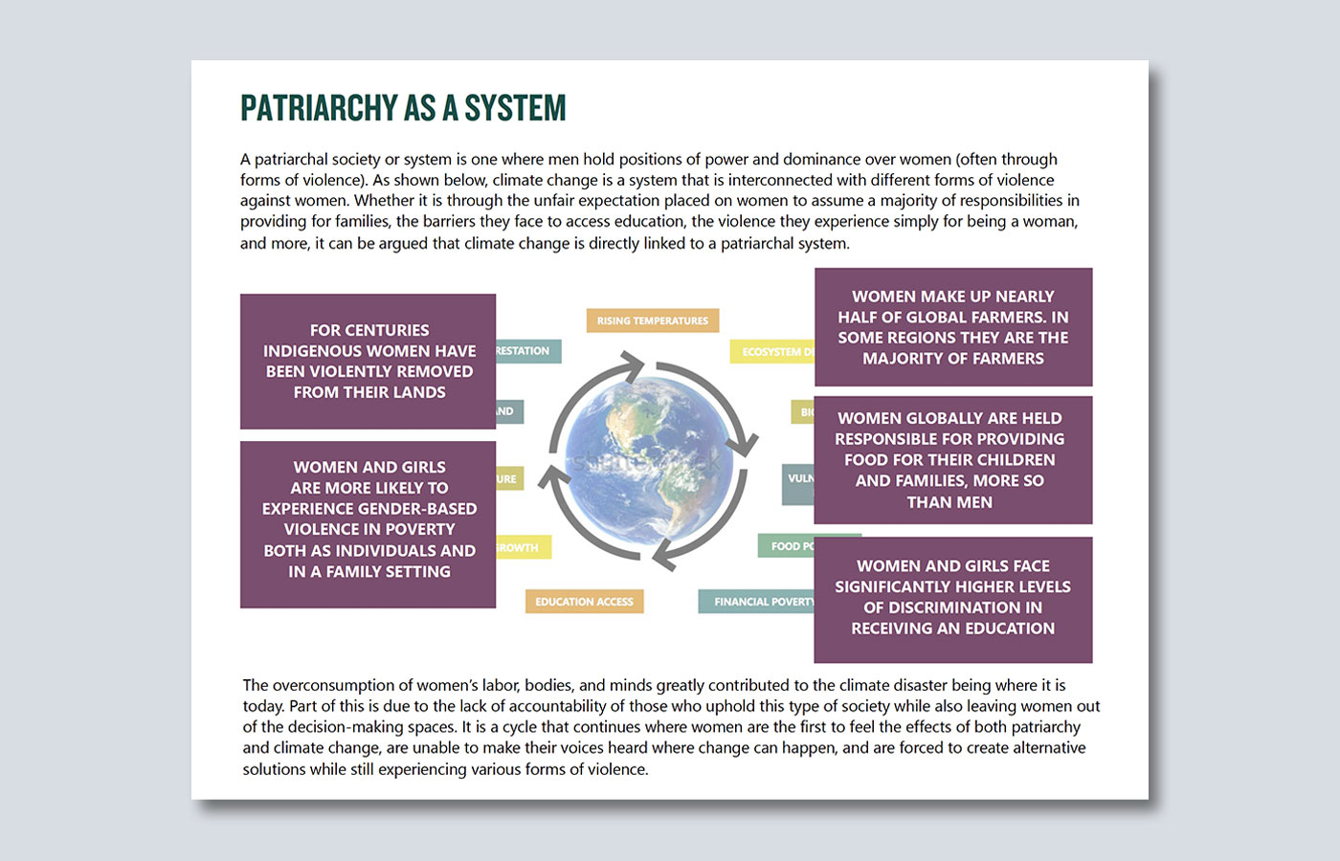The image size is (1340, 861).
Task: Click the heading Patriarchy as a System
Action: (403, 108)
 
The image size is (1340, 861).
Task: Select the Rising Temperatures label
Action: (653, 320)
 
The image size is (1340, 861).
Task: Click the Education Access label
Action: (584, 602)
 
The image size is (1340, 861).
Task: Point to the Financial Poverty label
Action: (758, 602)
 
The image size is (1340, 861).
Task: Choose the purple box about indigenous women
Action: (368, 361)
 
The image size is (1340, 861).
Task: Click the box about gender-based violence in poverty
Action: (368, 523)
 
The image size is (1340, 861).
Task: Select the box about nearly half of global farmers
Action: (953, 327)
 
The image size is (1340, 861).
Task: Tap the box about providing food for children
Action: (953, 460)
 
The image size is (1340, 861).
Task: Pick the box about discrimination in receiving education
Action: (953, 599)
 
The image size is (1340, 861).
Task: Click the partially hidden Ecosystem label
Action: (773, 352)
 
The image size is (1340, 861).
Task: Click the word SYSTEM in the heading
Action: (515, 108)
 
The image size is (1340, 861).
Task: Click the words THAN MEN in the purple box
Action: (949, 502)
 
